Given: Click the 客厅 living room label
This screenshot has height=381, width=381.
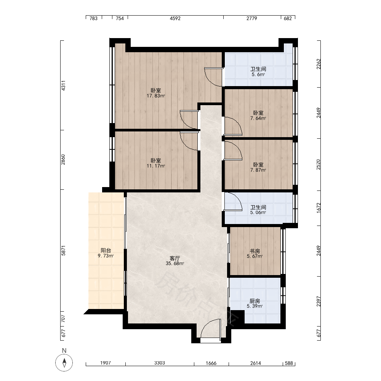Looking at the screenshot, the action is pos(175,258).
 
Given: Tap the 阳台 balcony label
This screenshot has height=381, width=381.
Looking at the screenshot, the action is pos(106,250).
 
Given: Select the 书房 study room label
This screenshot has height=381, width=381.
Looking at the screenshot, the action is pos(255,251).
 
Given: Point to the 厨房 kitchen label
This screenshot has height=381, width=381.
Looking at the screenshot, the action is pos(255,301).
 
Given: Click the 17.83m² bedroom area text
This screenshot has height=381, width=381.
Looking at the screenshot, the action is pos(156,96).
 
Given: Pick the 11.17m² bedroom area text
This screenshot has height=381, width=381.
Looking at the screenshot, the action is pos(156,166).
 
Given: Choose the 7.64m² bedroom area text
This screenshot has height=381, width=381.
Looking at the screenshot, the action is pos(258,118).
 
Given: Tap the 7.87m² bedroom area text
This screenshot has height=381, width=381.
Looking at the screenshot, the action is pos(258,170).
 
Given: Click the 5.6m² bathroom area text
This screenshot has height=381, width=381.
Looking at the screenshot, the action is pos(258,74).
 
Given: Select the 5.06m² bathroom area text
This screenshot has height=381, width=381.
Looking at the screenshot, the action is pos(258,212).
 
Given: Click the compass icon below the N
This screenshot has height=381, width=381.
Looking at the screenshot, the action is pos(64,363).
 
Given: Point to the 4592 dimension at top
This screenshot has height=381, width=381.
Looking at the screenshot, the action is pos(175,18).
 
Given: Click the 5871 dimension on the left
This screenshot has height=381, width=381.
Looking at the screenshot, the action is pos(63,251).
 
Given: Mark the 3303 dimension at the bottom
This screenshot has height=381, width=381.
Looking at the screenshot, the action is pos(159,363).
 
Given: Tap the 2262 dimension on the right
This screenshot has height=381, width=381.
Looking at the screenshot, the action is pos(319,64).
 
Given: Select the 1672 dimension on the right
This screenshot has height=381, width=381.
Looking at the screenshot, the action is pos(319,208).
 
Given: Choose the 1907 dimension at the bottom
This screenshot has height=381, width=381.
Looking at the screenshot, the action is pos(106,363).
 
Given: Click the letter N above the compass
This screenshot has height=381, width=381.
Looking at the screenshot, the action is pos(64,351).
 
